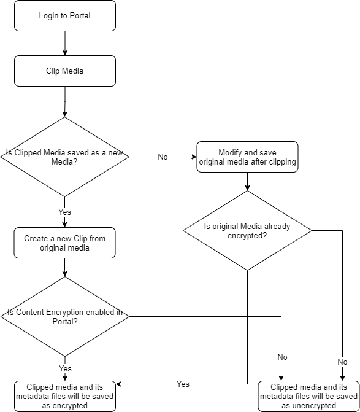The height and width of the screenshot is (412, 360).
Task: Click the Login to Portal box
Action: click(65, 16)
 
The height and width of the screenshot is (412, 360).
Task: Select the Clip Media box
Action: click(65, 71)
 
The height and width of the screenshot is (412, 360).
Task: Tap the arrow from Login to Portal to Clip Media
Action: click(65, 44)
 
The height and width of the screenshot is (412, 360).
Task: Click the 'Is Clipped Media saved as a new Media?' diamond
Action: click(64, 157)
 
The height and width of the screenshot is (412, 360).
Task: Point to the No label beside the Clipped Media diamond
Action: click(163, 157)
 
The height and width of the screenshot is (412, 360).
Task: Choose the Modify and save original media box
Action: click(247, 157)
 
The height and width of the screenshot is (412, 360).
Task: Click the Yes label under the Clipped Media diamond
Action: click(64, 212)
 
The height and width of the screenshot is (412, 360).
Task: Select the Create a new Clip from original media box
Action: click(64, 243)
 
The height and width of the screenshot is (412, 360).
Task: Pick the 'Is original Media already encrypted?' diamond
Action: click(247, 230)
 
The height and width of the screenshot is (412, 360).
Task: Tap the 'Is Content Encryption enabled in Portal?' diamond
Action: click(65, 317)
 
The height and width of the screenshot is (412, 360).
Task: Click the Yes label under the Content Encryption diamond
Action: click(65, 368)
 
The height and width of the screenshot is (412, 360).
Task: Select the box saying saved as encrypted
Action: click(65, 396)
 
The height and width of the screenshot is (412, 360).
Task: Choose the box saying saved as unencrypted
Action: click(309, 396)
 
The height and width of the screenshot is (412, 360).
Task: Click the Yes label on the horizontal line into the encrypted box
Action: click(183, 384)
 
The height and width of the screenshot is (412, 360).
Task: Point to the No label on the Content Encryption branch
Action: click(282, 357)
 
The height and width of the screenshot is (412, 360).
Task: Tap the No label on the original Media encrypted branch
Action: click(342, 362)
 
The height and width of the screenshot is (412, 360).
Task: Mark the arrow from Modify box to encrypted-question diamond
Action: click(247, 181)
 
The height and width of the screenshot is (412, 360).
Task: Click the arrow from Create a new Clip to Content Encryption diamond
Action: click(65, 268)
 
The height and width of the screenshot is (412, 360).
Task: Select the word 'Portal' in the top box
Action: click(80, 16)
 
